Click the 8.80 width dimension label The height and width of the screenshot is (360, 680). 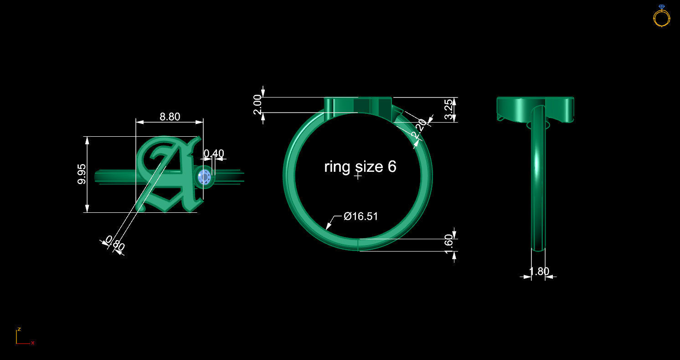tap(170, 117)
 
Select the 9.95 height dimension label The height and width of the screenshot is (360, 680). tap(82, 174)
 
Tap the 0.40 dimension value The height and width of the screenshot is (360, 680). tap(213, 154)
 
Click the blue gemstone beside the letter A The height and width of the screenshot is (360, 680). tap(204, 177)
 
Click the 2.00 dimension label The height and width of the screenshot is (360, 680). tap(258, 104)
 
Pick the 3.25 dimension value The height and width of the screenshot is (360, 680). tap(449, 109)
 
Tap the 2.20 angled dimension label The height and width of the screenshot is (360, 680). tap(419, 129)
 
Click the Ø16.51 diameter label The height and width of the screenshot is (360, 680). tap(361, 216)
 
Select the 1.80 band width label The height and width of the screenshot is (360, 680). tap(539, 272)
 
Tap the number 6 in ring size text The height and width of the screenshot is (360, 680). tap(392, 167)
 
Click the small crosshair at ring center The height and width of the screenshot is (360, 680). tap(358, 176)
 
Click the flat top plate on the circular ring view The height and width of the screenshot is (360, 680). tap(358, 105)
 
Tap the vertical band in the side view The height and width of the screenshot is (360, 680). tap(538, 182)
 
